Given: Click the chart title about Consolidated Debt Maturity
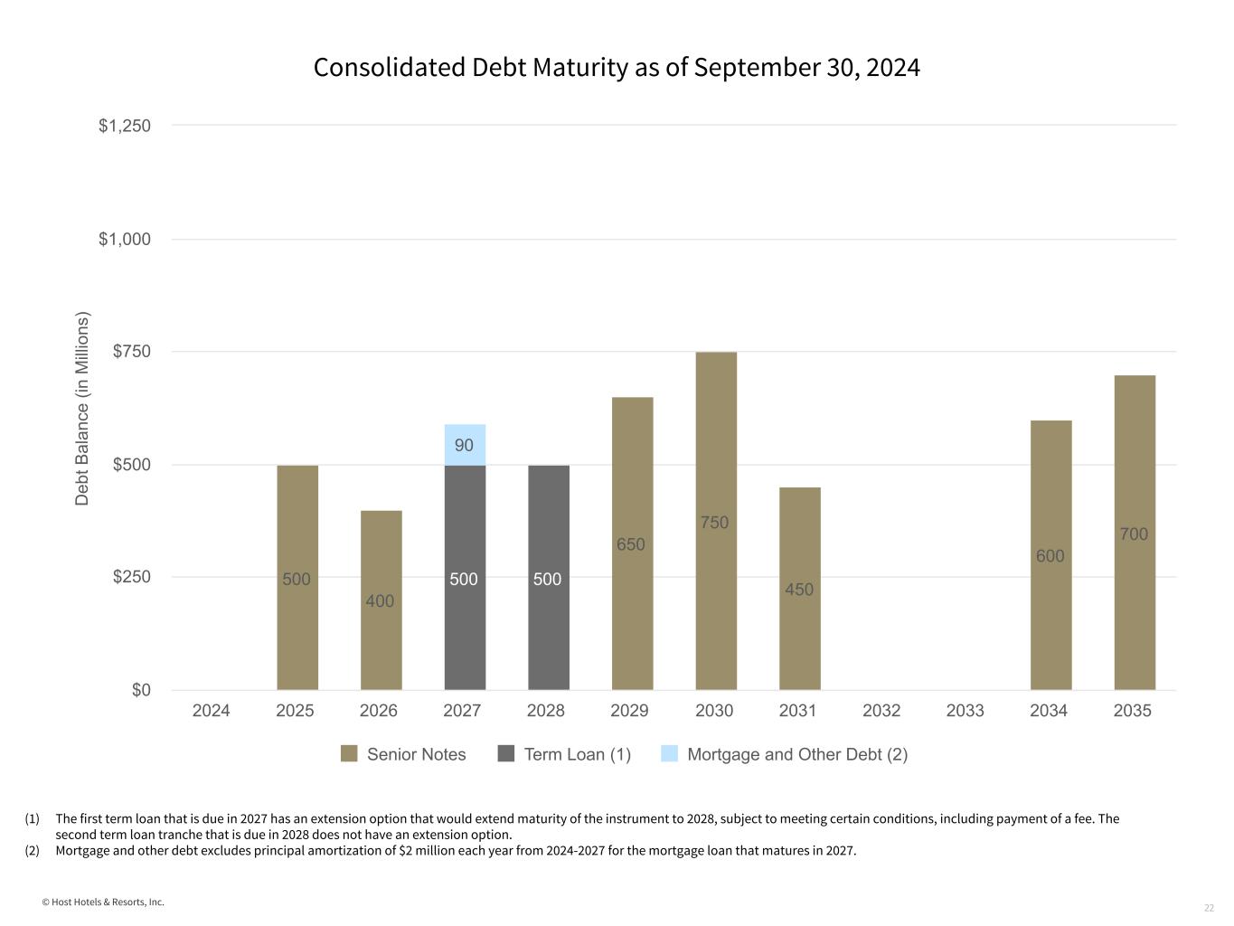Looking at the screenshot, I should (617, 68).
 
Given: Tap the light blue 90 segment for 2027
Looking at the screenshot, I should (465, 445).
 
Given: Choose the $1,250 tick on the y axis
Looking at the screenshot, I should (125, 126).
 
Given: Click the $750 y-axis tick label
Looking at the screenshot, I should (131, 352).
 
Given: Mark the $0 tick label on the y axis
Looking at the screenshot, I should (141, 690).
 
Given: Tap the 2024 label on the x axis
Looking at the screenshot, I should (212, 711).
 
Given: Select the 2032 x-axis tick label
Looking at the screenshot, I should (881, 711).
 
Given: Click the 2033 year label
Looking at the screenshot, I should (966, 711).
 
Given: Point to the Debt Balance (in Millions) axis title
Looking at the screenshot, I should (82, 409).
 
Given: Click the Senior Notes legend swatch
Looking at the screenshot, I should (349, 754).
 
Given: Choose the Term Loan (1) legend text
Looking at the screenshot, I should (578, 754).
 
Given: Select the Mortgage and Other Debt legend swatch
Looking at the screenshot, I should (669, 754).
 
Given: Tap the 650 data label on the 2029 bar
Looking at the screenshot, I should (631, 544).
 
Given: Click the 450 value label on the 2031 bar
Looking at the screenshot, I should (799, 590).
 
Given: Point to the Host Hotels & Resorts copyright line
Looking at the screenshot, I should (103, 902).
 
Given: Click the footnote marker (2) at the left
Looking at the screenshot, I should (33, 850).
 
